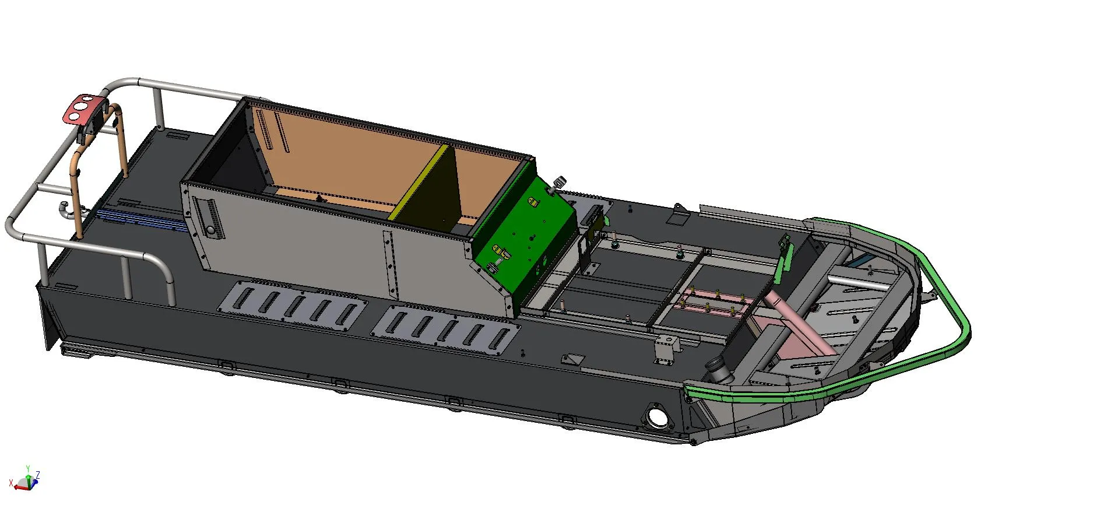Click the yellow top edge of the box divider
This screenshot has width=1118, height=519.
pos(419,182)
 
